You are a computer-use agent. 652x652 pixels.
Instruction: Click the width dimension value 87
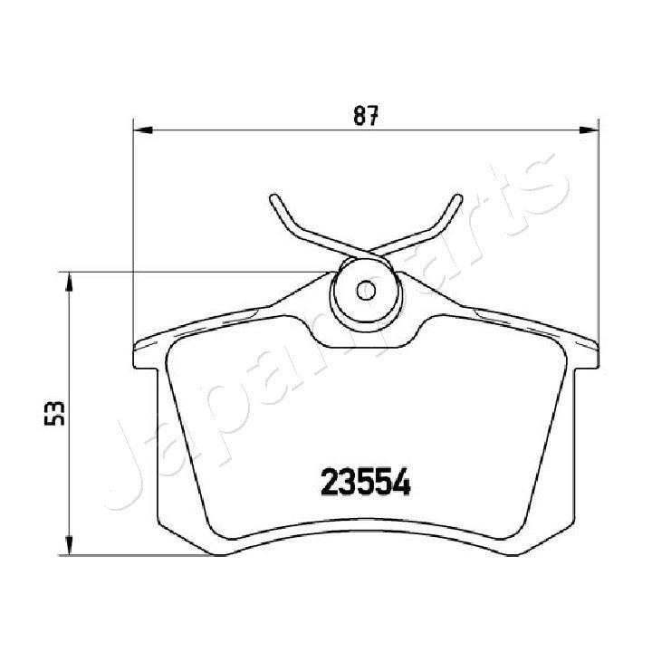[365, 116]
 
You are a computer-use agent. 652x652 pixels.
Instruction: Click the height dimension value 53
[56, 413]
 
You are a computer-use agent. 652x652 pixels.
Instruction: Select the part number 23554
[366, 481]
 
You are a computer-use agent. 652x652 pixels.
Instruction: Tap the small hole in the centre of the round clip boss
[365, 291]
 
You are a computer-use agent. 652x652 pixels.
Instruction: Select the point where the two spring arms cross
[365, 251]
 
